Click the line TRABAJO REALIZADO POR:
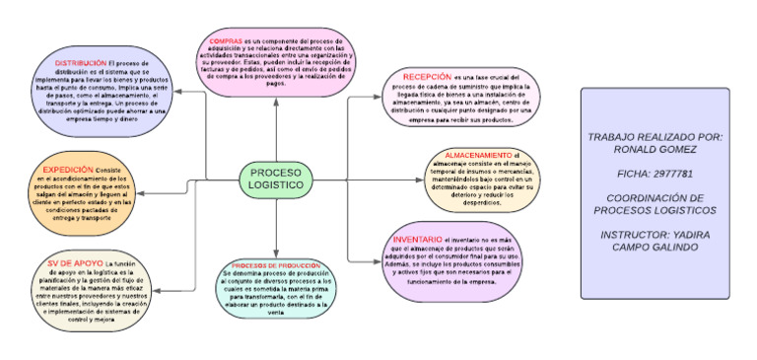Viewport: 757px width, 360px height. click(655, 136)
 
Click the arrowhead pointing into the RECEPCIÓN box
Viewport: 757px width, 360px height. click(381, 97)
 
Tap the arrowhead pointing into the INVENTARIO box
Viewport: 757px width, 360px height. click(380, 259)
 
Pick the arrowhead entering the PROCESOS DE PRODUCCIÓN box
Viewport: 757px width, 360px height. click(277, 254)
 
